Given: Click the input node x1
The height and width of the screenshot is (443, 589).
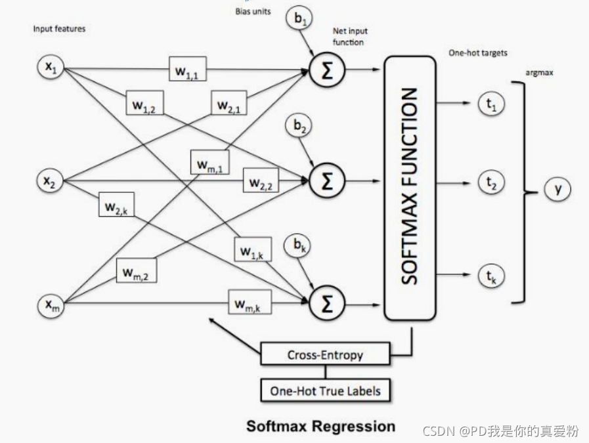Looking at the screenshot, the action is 51,67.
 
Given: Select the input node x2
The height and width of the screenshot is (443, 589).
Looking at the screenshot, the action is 50,180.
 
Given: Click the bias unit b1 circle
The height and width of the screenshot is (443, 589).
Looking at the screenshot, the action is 299,18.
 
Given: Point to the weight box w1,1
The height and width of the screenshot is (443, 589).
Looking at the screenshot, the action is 187,69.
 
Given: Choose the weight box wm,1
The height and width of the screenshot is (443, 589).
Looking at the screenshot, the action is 210,162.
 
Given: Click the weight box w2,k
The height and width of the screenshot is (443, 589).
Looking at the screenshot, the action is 116,204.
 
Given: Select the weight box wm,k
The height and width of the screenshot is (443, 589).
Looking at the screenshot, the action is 250,302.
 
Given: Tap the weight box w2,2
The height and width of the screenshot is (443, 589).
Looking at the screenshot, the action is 261,180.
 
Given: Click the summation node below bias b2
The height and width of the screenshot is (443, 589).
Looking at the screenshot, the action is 327,180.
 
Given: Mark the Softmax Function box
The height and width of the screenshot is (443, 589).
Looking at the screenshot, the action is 410,188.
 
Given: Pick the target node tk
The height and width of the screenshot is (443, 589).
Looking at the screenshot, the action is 491,276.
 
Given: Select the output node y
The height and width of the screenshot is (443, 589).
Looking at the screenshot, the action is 557,188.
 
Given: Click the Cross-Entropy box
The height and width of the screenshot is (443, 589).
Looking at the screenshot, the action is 325,354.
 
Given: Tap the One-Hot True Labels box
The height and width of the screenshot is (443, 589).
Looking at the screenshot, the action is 325,390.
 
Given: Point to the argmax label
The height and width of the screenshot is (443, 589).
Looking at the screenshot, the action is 539,72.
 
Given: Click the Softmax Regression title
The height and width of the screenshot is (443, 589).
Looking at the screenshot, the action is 321,426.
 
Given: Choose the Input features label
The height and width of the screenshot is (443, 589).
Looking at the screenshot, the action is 59,28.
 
